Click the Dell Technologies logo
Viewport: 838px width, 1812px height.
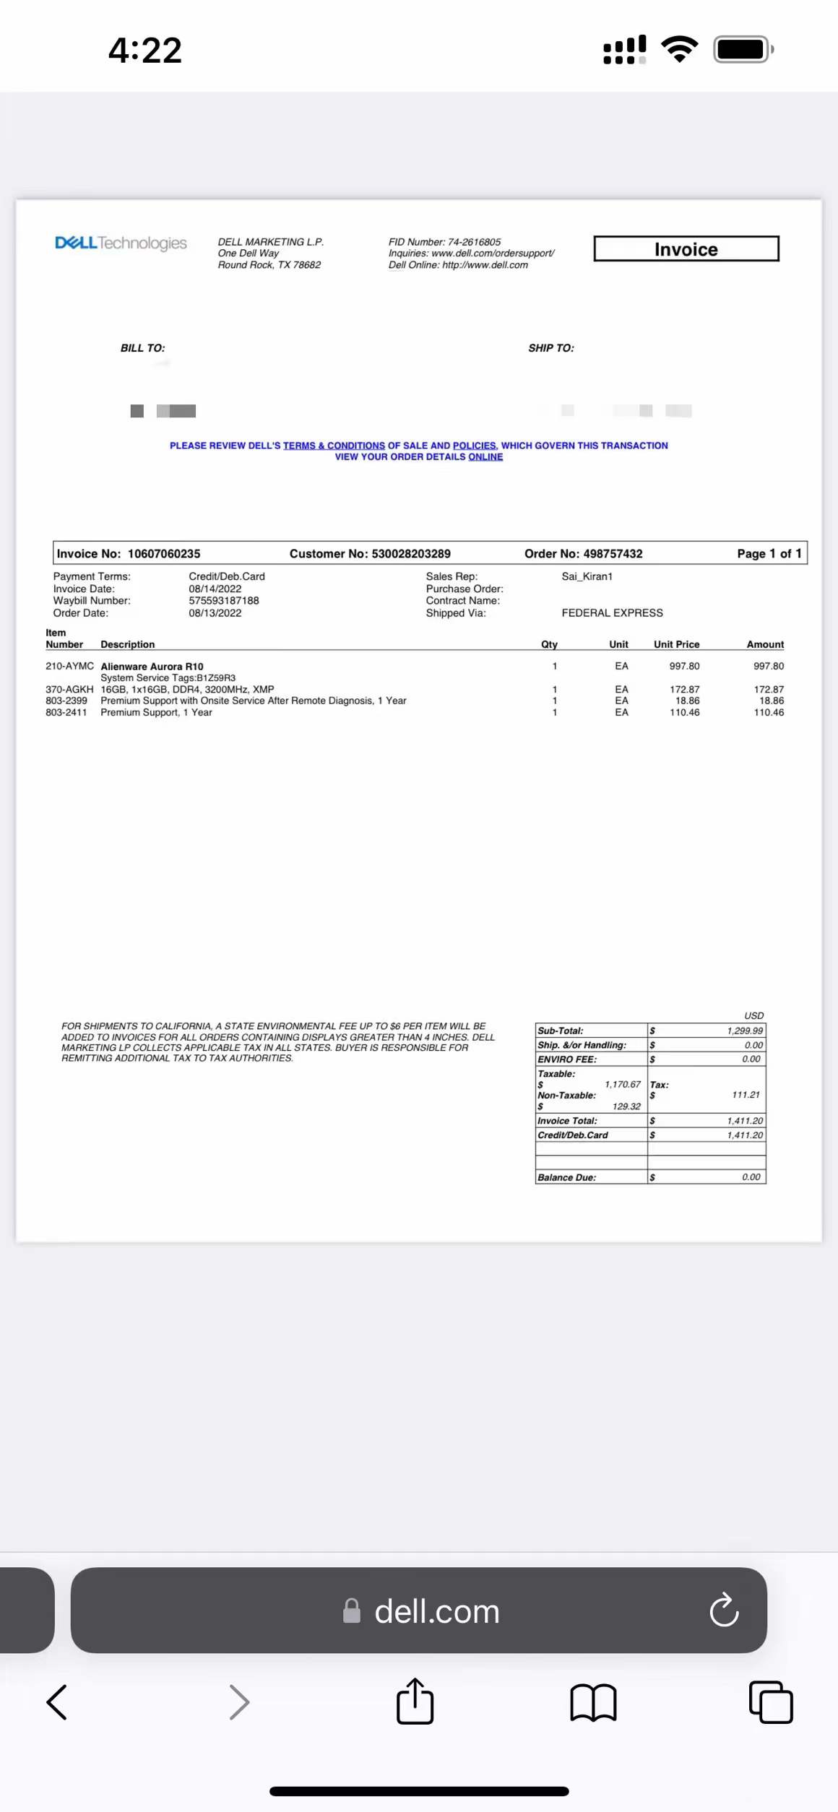(x=121, y=243)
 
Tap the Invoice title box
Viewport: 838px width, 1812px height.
(x=686, y=249)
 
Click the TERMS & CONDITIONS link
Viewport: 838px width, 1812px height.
(x=334, y=446)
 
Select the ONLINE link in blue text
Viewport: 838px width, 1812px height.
(x=485, y=457)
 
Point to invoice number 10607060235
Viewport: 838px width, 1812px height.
(x=164, y=554)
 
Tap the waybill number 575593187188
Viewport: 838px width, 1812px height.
(x=224, y=601)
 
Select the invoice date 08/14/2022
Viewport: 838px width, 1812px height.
(x=215, y=589)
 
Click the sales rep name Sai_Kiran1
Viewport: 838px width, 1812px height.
(x=587, y=576)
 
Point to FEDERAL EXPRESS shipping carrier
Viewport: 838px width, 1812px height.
(x=612, y=613)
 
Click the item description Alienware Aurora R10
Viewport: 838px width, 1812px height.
(x=152, y=667)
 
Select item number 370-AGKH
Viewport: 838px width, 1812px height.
(x=69, y=690)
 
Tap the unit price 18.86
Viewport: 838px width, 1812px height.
(x=687, y=701)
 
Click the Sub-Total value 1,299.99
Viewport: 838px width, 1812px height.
(x=745, y=1031)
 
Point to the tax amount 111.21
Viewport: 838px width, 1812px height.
(x=746, y=1095)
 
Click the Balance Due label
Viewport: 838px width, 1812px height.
(x=566, y=1178)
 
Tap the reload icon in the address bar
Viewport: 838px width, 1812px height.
(x=724, y=1611)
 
